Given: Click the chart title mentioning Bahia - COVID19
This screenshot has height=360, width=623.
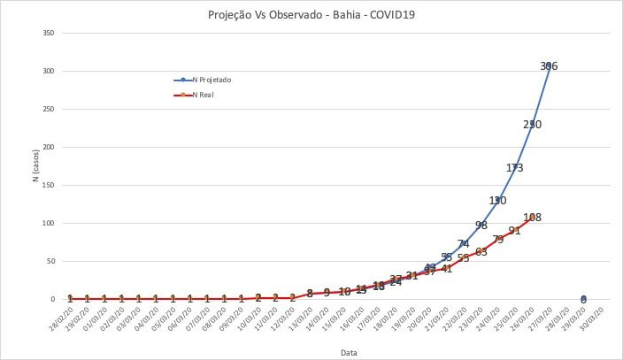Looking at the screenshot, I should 311,15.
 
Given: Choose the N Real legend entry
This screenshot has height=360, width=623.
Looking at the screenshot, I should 200,95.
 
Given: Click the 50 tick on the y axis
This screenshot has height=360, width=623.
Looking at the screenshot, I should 50,262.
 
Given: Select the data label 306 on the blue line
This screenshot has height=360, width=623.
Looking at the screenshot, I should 550,66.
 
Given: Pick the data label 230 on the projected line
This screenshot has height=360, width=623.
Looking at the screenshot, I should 532,125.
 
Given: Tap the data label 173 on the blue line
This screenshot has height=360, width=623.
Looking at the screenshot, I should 515,168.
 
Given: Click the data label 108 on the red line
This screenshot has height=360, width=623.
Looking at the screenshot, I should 532,218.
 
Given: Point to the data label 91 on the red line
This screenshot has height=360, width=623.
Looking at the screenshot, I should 515,231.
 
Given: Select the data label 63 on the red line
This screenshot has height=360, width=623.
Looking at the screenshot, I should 481,252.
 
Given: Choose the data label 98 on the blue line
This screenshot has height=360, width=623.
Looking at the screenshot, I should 481,226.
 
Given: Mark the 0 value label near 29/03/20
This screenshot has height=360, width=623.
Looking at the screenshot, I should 583,300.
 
